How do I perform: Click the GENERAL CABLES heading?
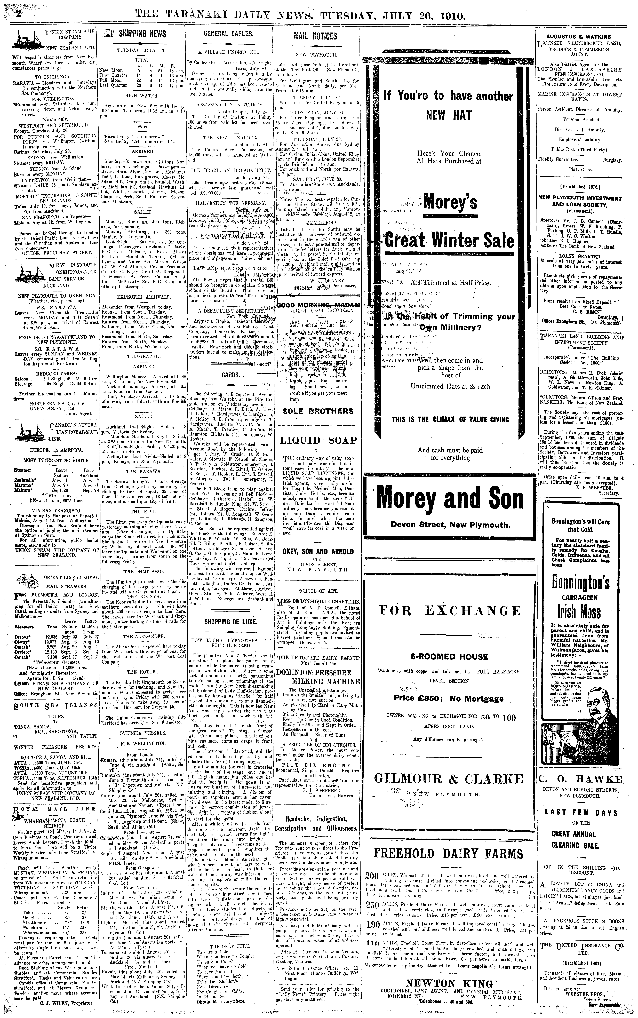click(228, 34)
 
